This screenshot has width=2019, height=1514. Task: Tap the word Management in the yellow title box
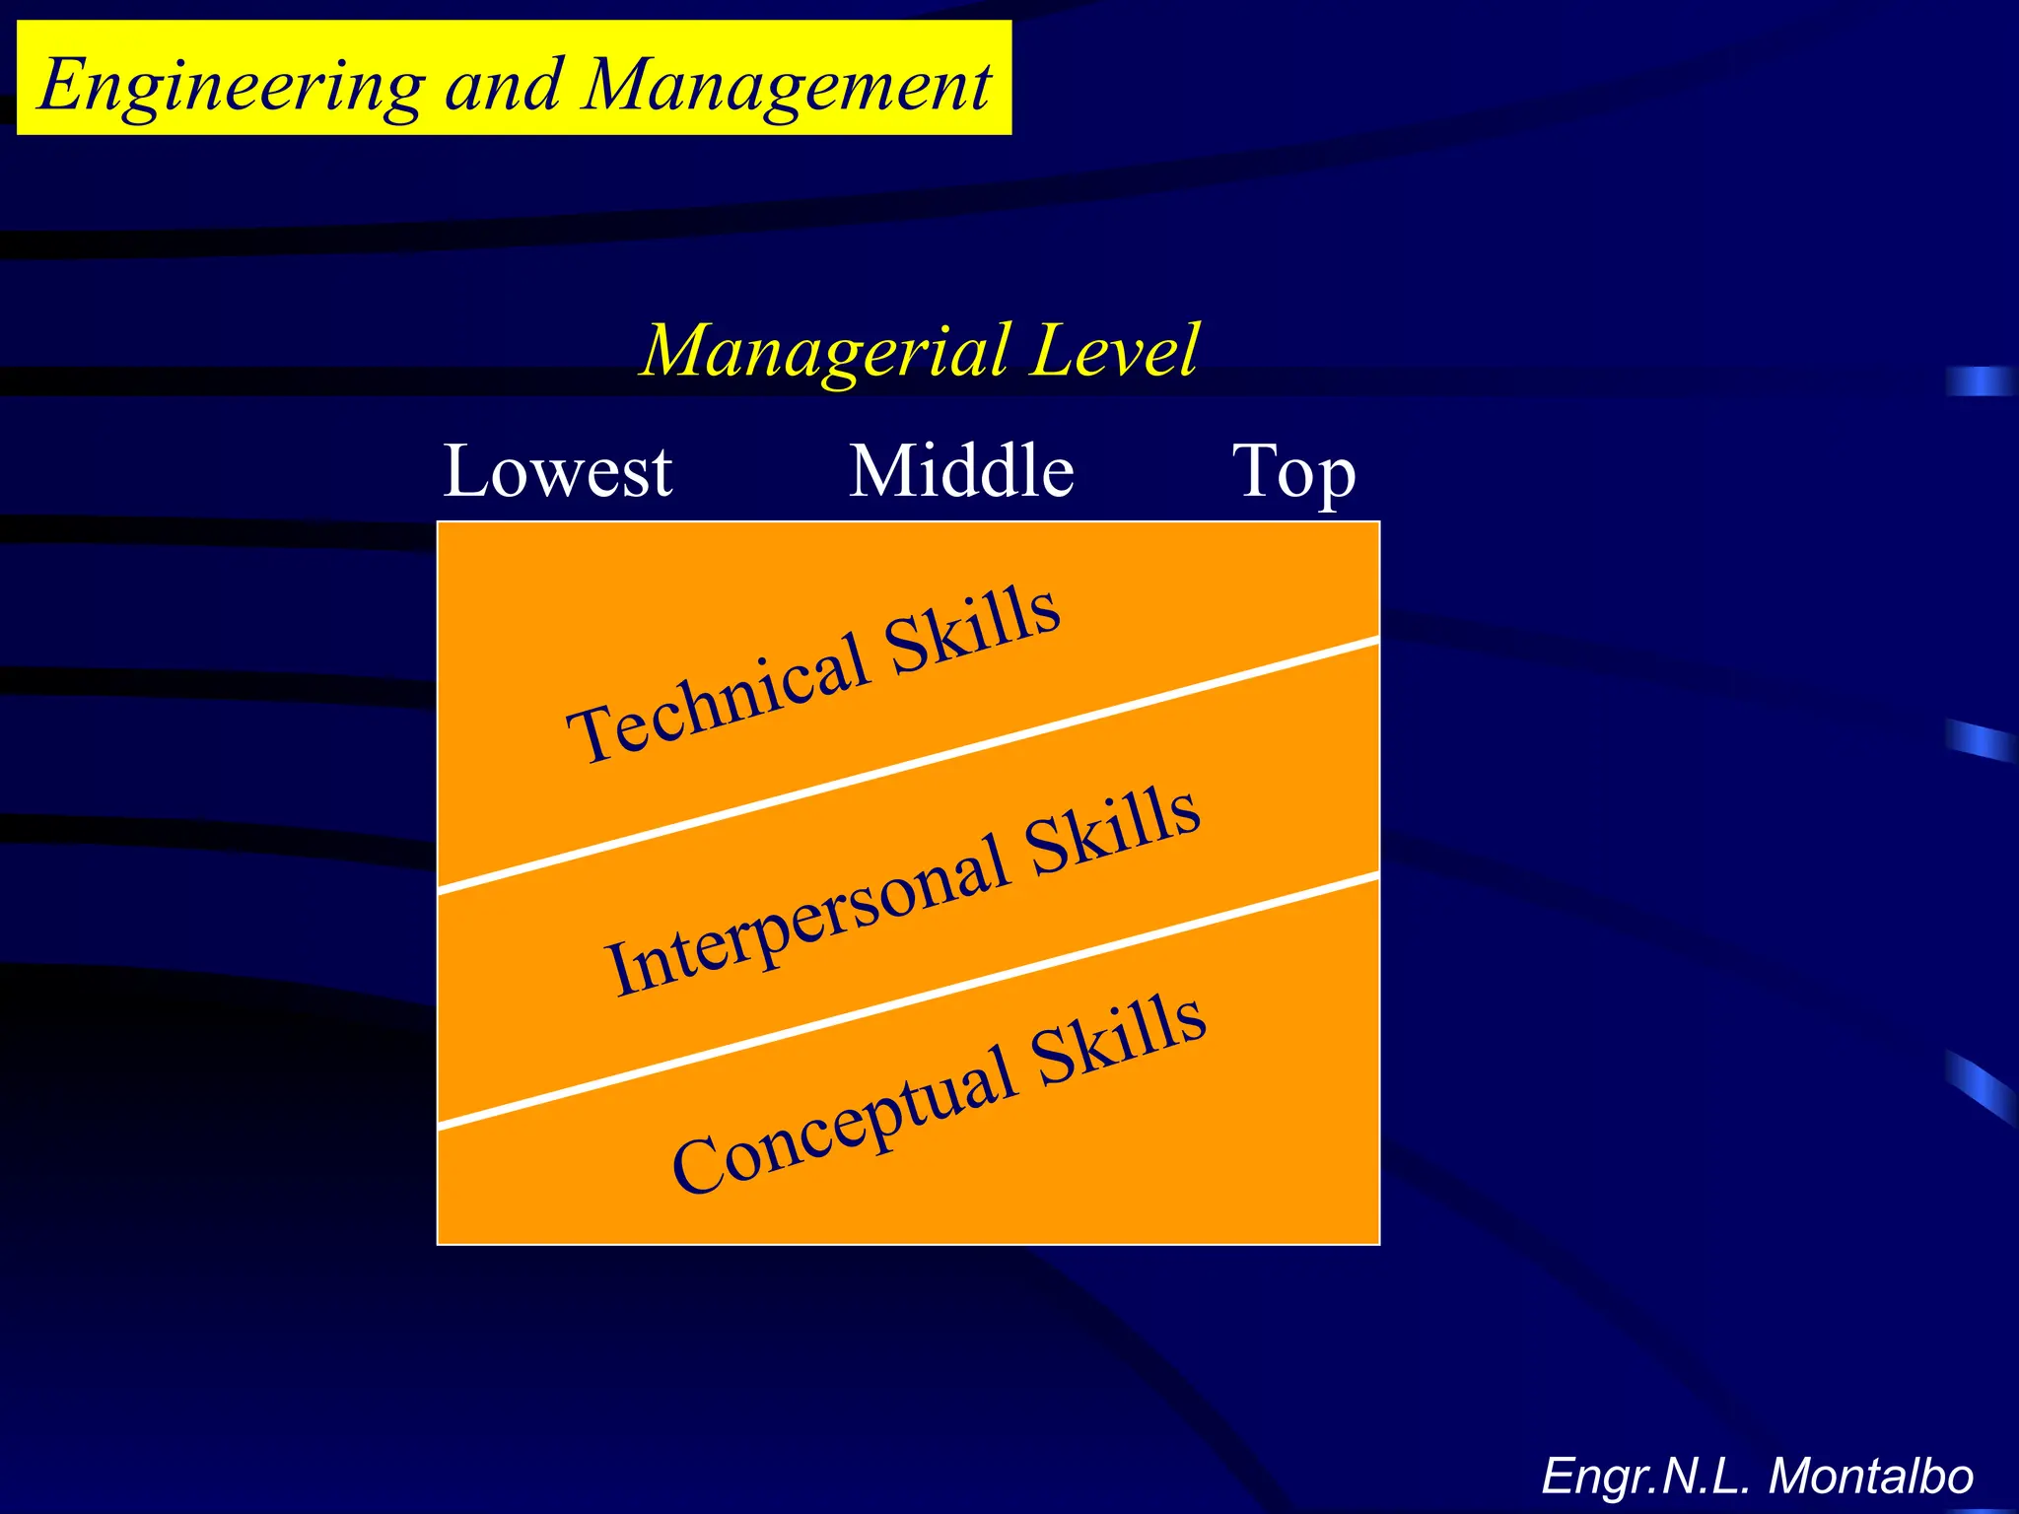[787, 85]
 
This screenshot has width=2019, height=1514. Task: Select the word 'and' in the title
[504, 85]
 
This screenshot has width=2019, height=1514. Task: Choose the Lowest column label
[558, 471]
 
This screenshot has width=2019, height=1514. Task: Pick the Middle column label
[961, 471]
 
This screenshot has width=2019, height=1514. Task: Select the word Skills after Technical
[973, 629]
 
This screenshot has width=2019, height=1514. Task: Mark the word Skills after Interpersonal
[1113, 833]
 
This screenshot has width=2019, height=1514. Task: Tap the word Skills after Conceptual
[1120, 1039]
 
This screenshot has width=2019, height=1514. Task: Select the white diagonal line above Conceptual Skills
[907, 999]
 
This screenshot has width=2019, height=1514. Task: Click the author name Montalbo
[1870, 1477]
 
